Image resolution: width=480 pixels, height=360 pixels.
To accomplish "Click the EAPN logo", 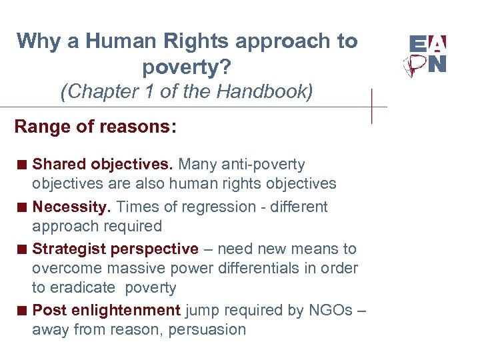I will tap(427, 55).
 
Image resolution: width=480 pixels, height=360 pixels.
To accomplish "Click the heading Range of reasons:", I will tap(95, 127).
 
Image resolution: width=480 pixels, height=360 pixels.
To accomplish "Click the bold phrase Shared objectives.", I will tap(103, 164).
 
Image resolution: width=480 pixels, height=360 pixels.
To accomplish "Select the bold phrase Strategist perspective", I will tap(115, 249).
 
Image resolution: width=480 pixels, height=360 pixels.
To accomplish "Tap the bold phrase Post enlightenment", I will tap(107, 310).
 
